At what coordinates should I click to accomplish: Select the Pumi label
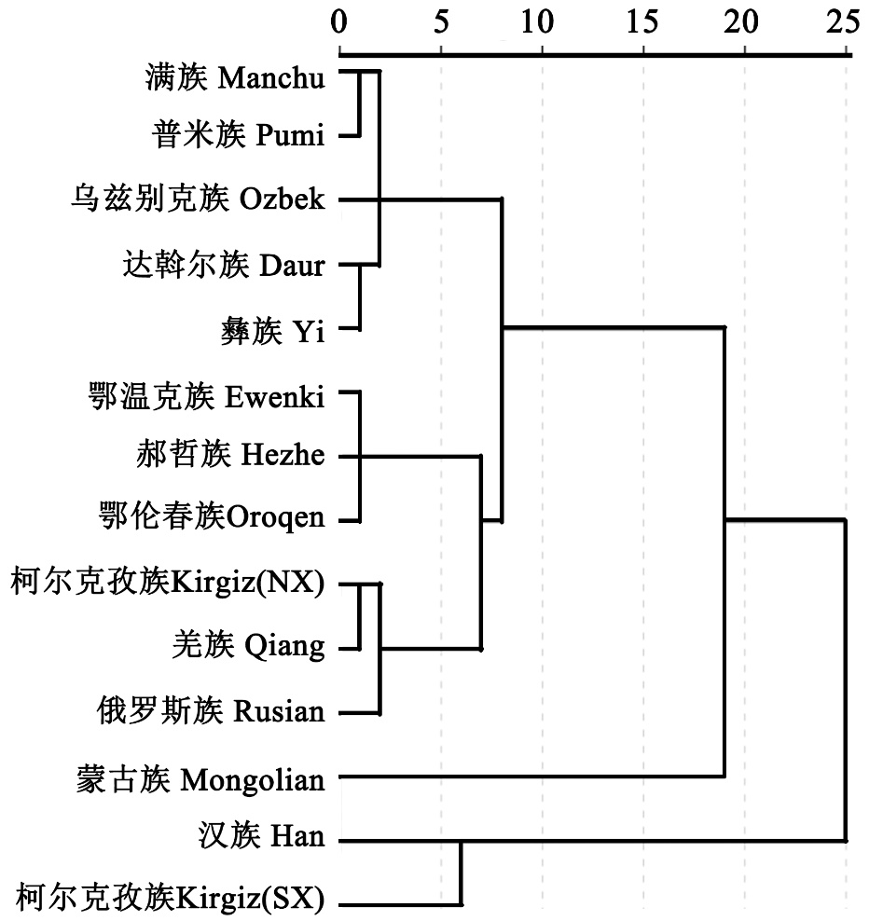239,138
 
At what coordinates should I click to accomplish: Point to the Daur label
224,267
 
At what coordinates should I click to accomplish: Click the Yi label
272,331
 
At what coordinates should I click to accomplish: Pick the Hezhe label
229,457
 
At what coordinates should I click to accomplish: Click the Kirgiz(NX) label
168,584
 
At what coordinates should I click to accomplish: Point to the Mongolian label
200,777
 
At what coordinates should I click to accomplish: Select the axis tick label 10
542,20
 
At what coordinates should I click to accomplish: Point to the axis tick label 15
642,20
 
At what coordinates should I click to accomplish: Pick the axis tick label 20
744,20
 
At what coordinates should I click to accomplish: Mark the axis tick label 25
845,20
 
